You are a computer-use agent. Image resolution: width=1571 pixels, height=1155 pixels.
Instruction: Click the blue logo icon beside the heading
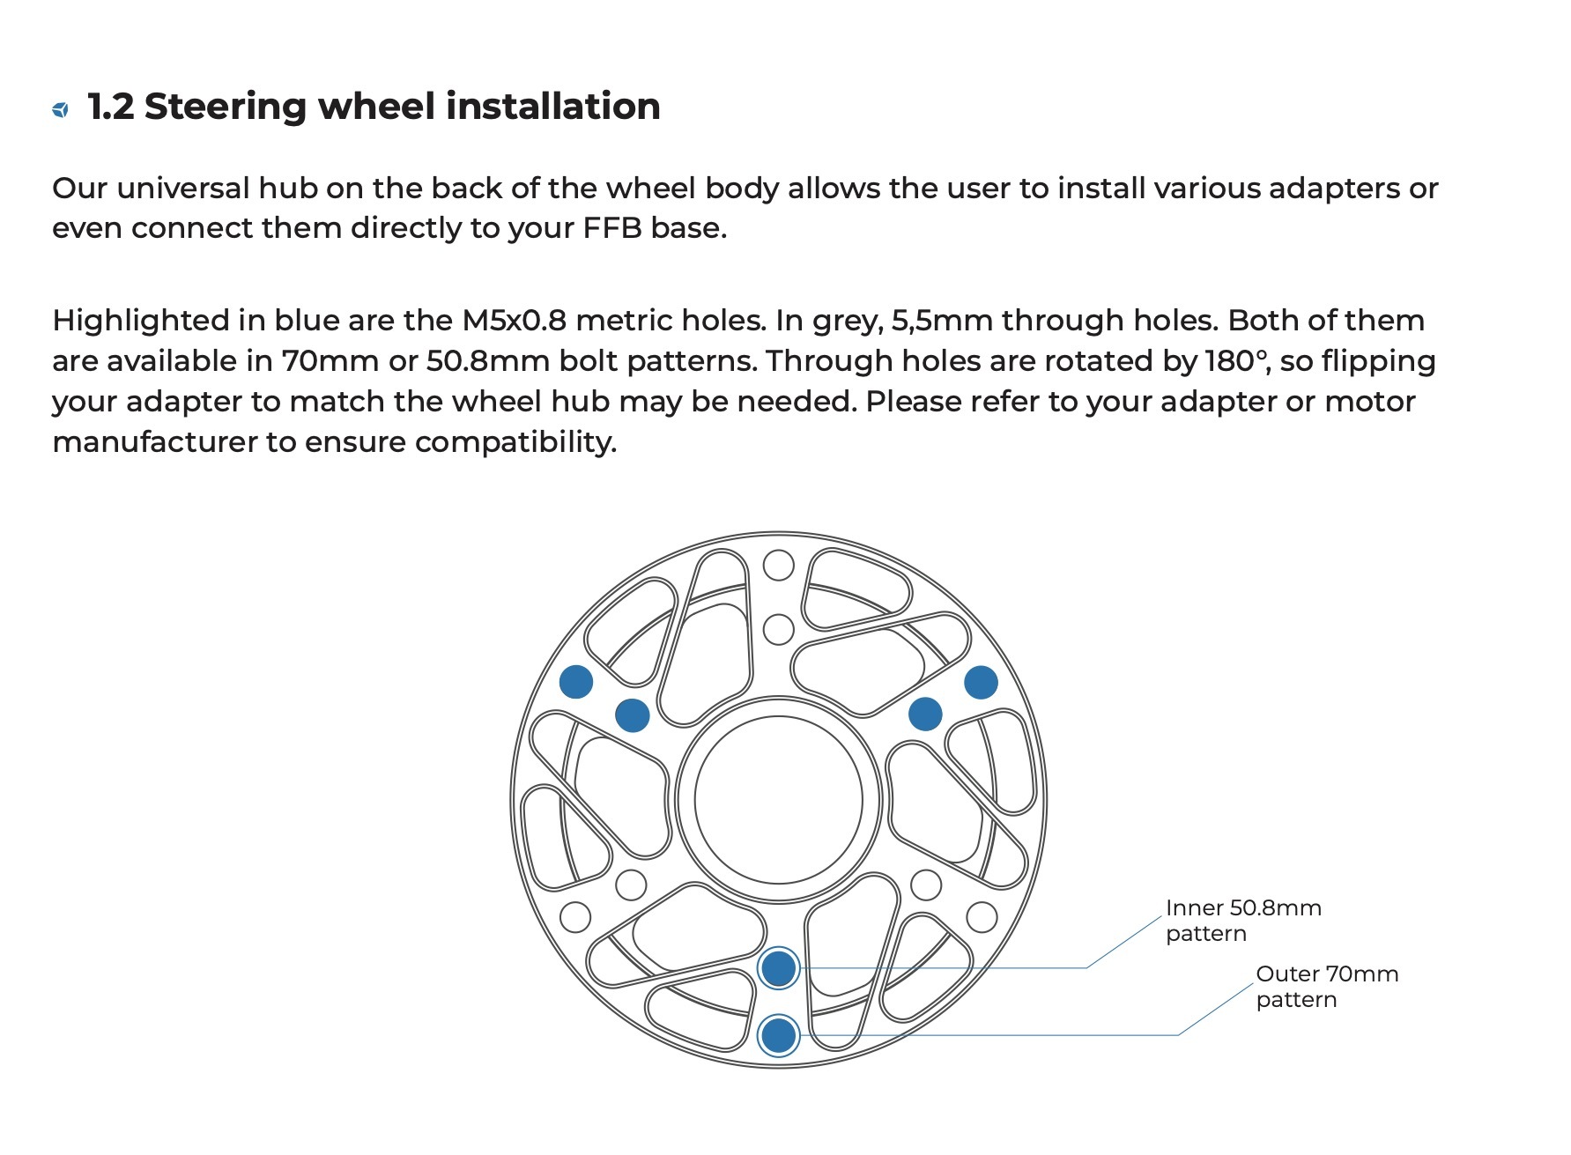pyautogui.click(x=60, y=109)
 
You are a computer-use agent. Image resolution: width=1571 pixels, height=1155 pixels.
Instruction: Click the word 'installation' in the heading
pyautogui.click(x=552, y=107)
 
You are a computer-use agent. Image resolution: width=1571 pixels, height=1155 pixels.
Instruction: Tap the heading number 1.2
pyautogui.click(x=111, y=107)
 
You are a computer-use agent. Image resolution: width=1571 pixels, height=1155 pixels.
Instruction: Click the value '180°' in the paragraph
pyautogui.click(x=1235, y=360)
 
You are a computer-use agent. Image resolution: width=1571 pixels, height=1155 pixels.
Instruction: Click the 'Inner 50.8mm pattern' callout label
pyautogui.click(x=1242, y=920)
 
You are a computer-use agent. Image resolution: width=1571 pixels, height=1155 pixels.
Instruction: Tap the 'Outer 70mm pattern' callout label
pyautogui.click(x=1326, y=986)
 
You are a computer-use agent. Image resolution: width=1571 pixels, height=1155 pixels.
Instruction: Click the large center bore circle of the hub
pyautogui.click(x=778, y=800)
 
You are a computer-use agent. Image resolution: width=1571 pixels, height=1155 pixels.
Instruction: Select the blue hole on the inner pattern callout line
pyautogui.click(x=778, y=968)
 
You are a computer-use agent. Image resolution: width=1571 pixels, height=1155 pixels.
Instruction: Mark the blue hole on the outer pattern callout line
pyautogui.click(x=778, y=1035)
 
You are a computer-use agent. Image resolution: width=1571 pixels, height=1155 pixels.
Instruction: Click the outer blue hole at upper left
pyautogui.click(x=576, y=681)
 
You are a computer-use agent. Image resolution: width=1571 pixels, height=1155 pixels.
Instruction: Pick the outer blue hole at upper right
pyautogui.click(x=981, y=682)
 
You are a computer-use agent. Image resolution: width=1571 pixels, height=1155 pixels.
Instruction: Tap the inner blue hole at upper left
pyautogui.click(x=632, y=714)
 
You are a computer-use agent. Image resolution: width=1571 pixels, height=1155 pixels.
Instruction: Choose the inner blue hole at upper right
pyautogui.click(x=924, y=714)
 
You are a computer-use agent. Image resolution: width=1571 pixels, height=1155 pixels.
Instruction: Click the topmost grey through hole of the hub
pyautogui.click(x=778, y=565)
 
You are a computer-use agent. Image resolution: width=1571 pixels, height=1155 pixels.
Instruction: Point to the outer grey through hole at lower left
pyautogui.click(x=575, y=917)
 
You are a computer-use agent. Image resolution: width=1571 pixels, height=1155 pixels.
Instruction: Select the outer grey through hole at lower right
pyautogui.click(x=982, y=917)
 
